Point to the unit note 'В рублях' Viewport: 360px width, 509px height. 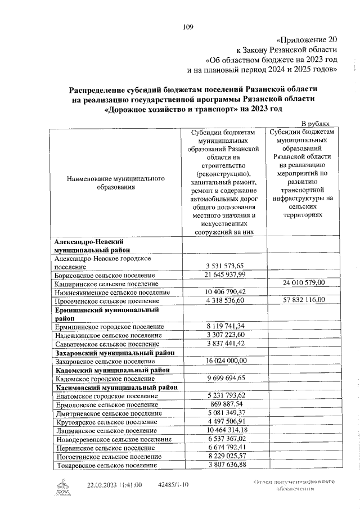[x=319, y=123]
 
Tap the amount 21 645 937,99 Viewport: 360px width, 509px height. [x=223, y=274]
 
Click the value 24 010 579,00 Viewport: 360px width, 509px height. [x=301, y=283]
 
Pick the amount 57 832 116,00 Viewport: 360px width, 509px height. [x=301, y=300]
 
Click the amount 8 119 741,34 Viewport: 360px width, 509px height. [x=223, y=326]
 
